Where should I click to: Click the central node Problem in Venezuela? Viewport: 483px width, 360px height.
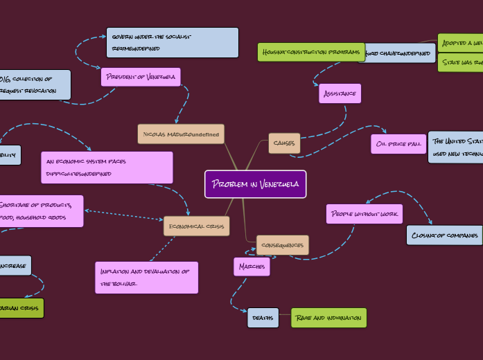click(x=255, y=184)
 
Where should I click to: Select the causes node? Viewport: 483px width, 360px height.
click(x=284, y=143)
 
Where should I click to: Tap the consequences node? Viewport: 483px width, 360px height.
click(x=283, y=245)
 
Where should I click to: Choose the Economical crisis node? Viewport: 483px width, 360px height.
click(x=196, y=226)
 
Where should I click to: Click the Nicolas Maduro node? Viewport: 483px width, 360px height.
click(x=181, y=134)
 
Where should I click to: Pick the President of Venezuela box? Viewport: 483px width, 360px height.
click(x=141, y=77)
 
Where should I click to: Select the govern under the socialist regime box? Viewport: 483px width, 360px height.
click(x=172, y=42)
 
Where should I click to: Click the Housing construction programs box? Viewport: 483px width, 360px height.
click(x=310, y=52)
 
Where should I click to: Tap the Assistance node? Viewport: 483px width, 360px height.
click(x=340, y=93)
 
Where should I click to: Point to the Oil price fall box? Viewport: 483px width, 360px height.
click(x=398, y=144)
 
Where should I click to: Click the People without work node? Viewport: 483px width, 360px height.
click(x=364, y=214)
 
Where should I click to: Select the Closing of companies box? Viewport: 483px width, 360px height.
click(x=444, y=235)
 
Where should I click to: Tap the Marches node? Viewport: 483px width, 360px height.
click(x=252, y=267)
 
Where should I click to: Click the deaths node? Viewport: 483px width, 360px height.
click(x=263, y=318)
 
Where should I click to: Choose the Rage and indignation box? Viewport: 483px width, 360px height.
click(x=328, y=318)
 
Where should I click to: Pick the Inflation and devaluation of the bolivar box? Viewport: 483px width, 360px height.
click(x=146, y=278)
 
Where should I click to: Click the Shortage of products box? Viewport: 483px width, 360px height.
click(x=42, y=211)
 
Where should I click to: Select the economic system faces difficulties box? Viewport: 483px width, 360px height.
click(x=107, y=168)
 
